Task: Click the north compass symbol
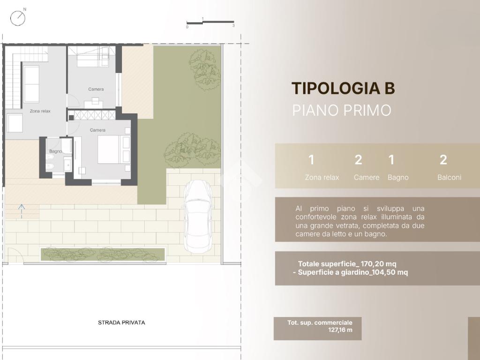click(18, 18)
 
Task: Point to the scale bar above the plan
click(210, 22)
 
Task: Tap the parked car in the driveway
click(198, 217)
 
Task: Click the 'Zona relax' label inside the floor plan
click(40, 111)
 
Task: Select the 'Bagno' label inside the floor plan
click(55, 151)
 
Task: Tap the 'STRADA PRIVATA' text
click(121, 322)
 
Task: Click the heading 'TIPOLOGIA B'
click(343, 88)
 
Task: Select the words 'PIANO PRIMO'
click(342, 110)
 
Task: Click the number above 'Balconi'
click(443, 160)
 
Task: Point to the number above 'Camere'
click(358, 160)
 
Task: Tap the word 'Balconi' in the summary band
click(449, 177)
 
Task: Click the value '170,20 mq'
click(378, 264)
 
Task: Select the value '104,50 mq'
click(390, 272)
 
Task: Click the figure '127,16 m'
click(340, 330)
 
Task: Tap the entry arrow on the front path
click(22, 211)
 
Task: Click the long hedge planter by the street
click(103, 255)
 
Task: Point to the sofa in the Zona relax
click(31, 84)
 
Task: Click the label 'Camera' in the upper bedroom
click(96, 89)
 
